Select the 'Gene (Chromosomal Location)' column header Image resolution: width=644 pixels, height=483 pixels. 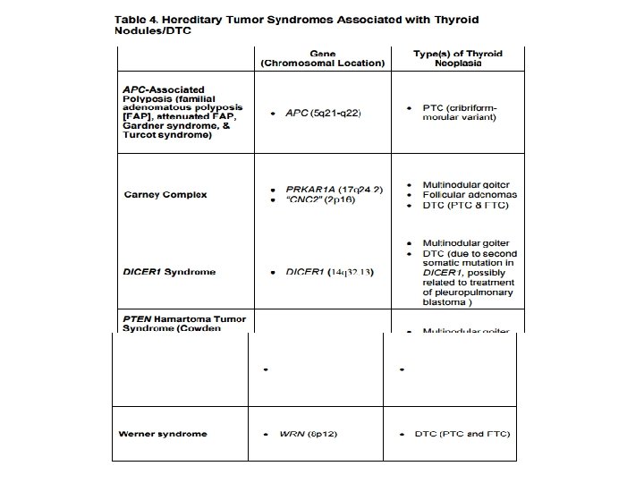(x=321, y=58)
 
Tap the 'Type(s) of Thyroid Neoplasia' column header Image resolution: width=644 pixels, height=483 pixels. (x=458, y=58)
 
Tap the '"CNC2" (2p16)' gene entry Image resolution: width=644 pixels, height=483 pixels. (x=319, y=202)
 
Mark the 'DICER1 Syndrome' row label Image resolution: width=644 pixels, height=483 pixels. (x=168, y=271)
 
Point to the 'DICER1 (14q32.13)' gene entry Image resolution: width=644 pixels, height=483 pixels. (x=326, y=271)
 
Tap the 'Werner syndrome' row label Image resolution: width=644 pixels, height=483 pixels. (x=162, y=434)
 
